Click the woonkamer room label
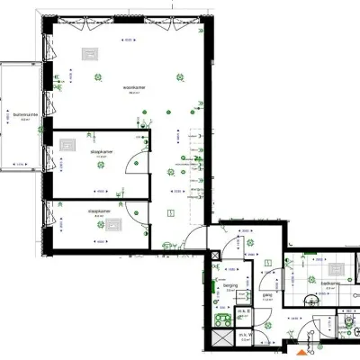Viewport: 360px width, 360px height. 136,87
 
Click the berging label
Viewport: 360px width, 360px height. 230,287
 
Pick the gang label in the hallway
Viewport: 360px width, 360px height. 267,293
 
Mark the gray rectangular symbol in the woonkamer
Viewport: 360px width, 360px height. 91,53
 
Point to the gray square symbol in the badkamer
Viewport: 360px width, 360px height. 339,267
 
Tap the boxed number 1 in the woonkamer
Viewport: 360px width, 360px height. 171,212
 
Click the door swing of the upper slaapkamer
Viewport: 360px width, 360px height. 131,163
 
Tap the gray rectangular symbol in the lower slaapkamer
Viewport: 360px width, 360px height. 112,225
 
